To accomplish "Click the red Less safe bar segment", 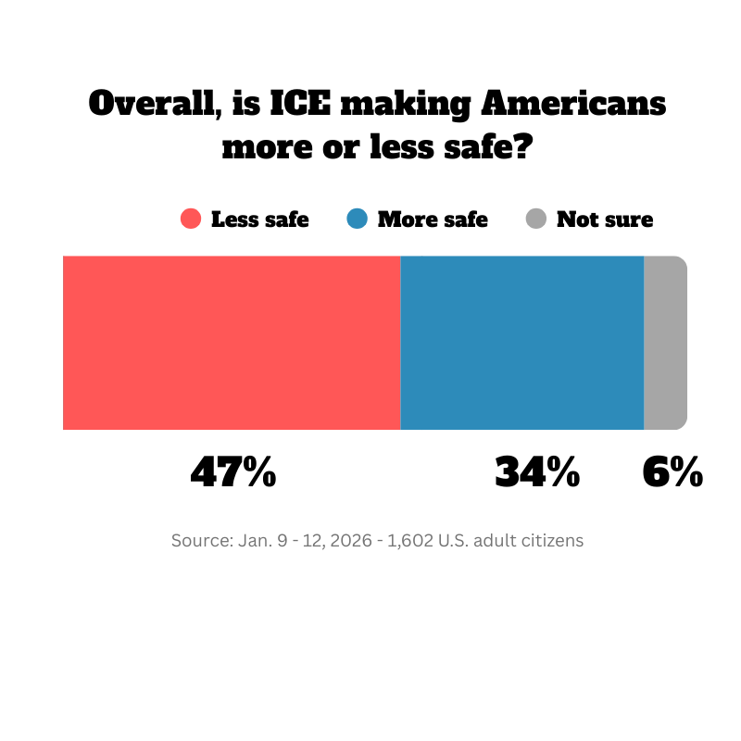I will pyautogui.click(x=232, y=343).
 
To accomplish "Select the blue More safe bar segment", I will pyautogui.click(x=521, y=343).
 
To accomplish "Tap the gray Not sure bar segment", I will pyautogui.click(x=665, y=343).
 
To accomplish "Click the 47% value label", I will pyautogui.click(x=233, y=472).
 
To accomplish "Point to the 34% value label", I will pyautogui.click(x=537, y=472).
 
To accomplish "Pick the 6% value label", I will pyautogui.click(x=672, y=472).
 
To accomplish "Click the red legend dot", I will pyautogui.click(x=191, y=220).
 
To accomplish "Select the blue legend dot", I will pyautogui.click(x=357, y=220).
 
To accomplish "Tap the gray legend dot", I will pyautogui.click(x=535, y=220).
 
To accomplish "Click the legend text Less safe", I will pyautogui.click(x=260, y=220).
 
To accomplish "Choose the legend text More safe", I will pyautogui.click(x=433, y=220).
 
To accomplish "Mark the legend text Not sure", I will pyautogui.click(x=605, y=220).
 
